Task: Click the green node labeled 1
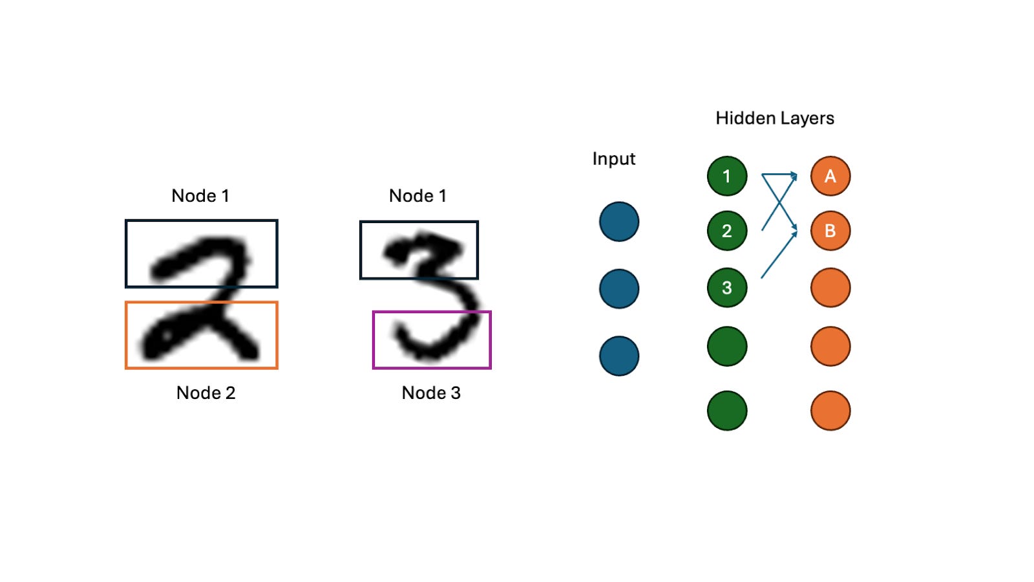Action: (727, 176)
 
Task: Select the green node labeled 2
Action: (727, 231)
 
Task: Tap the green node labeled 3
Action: (727, 288)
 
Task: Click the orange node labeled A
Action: (830, 176)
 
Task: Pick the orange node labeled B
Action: (830, 231)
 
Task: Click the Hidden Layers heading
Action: (774, 118)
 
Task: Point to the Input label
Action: (613, 159)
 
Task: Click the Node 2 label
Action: (206, 393)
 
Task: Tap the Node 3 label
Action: (431, 393)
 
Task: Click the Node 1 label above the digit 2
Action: (200, 196)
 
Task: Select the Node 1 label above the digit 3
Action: (417, 196)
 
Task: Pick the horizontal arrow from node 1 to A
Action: (779, 174)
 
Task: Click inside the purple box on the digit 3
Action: (432, 340)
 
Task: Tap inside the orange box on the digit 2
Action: (202, 335)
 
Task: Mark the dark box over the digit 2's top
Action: (202, 253)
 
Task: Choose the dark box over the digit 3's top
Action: (419, 250)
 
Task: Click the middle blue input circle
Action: (619, 289)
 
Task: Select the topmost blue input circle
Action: (619, 222)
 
